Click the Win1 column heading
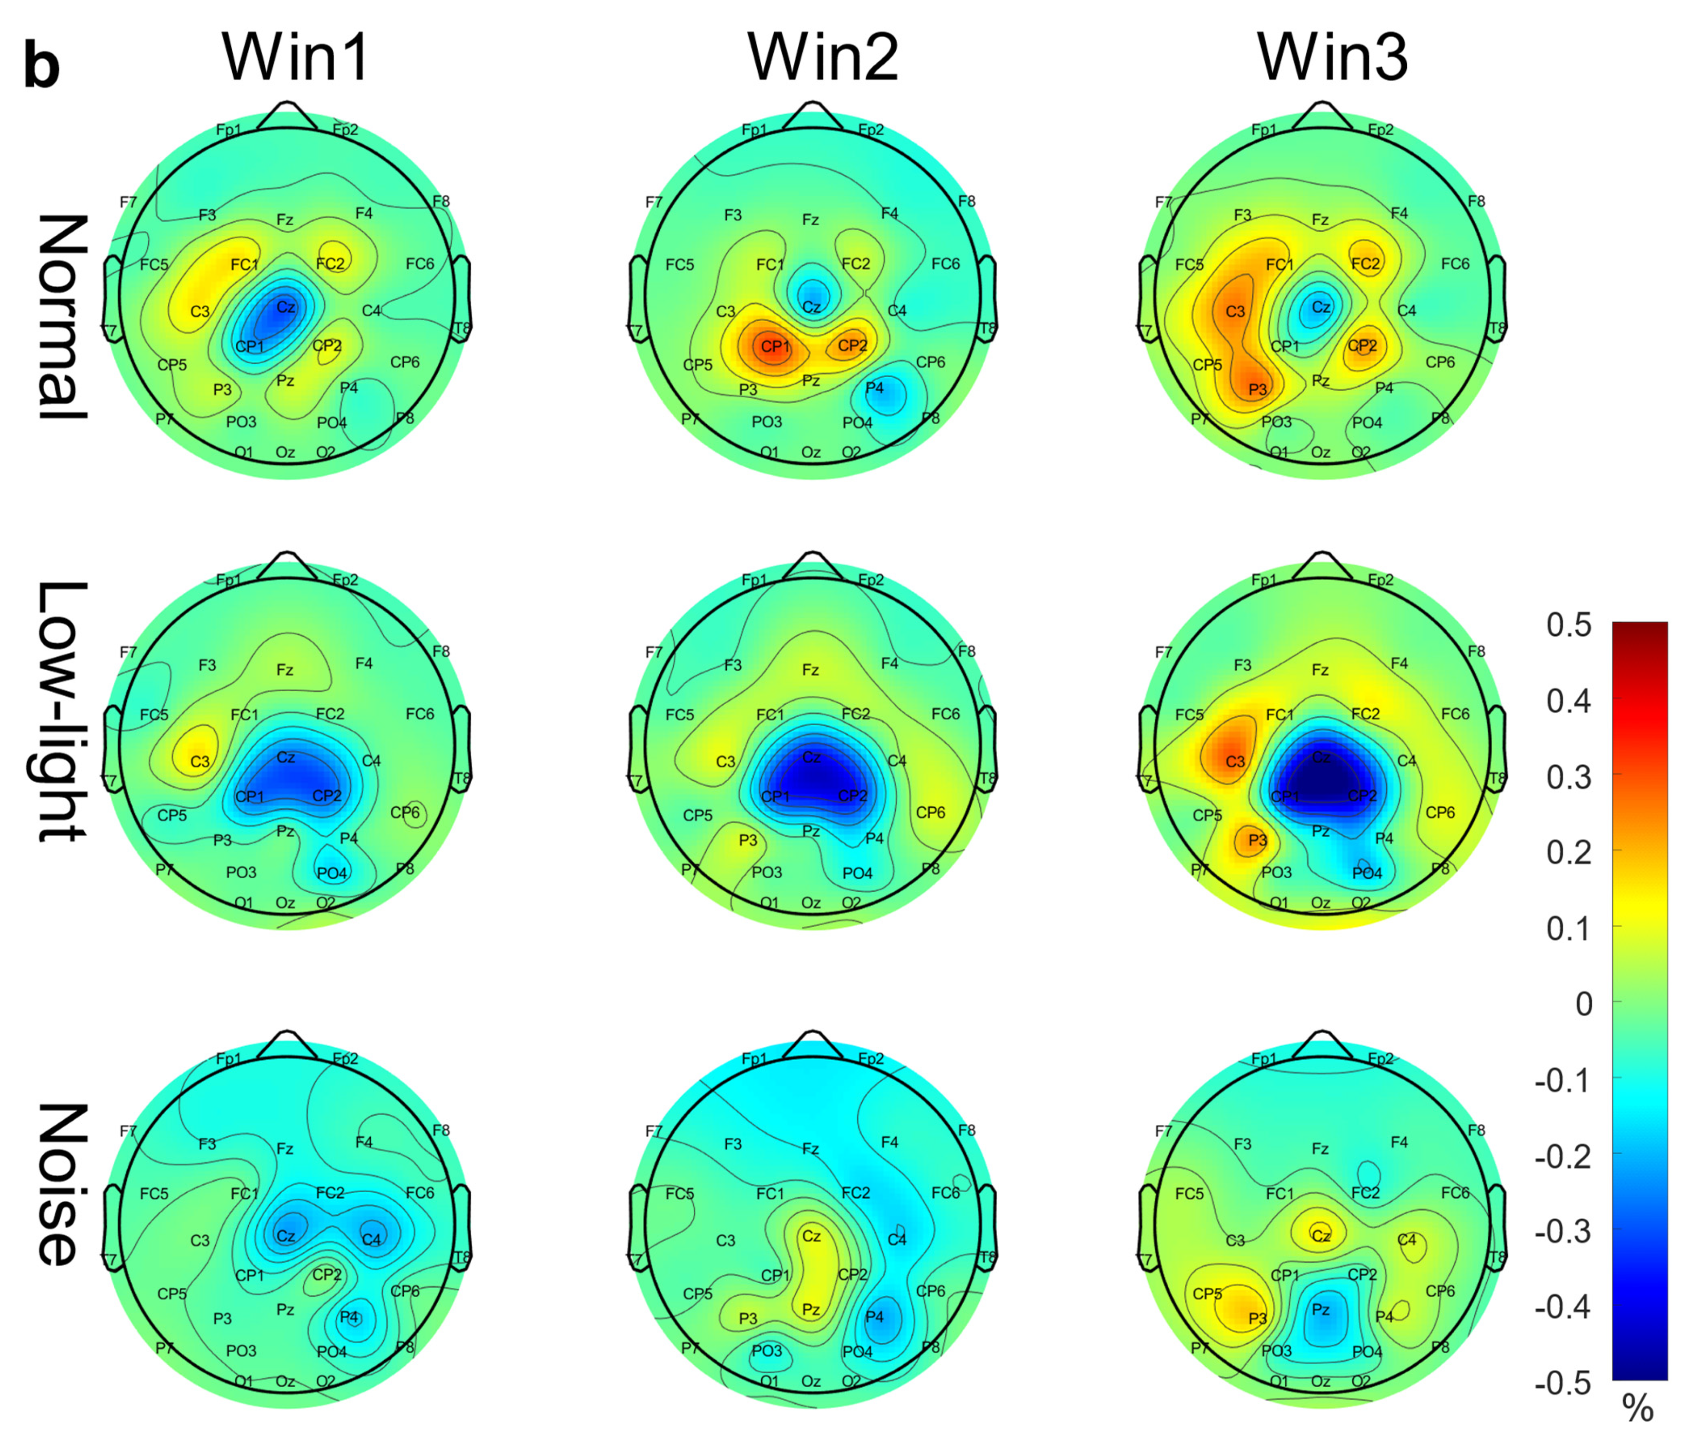[296, 59]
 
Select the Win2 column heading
[823, 59]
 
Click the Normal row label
[61, 317]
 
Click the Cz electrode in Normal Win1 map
[285, 307]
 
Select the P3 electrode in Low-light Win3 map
[1258, 839]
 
